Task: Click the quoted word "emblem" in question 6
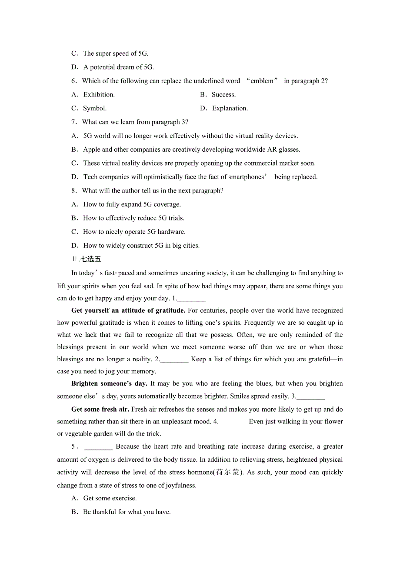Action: point(262,81)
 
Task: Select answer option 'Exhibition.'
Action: point(99,95)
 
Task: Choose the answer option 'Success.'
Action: point(223,95)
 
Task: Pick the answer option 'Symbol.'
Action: point(95,108)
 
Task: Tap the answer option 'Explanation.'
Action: point(230,108)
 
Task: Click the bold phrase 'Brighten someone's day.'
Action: point(110,383)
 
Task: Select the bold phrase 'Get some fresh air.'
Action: point(100,409)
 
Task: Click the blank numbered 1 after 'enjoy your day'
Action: point(191,299)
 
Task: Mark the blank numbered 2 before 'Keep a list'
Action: point(174,360)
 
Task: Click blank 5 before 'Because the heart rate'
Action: point(99,447)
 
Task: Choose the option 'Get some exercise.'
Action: point(110,498)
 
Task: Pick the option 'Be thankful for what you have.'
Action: point(127,512)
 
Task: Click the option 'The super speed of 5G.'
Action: point(116,53)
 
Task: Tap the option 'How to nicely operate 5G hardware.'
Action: point(134,232)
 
